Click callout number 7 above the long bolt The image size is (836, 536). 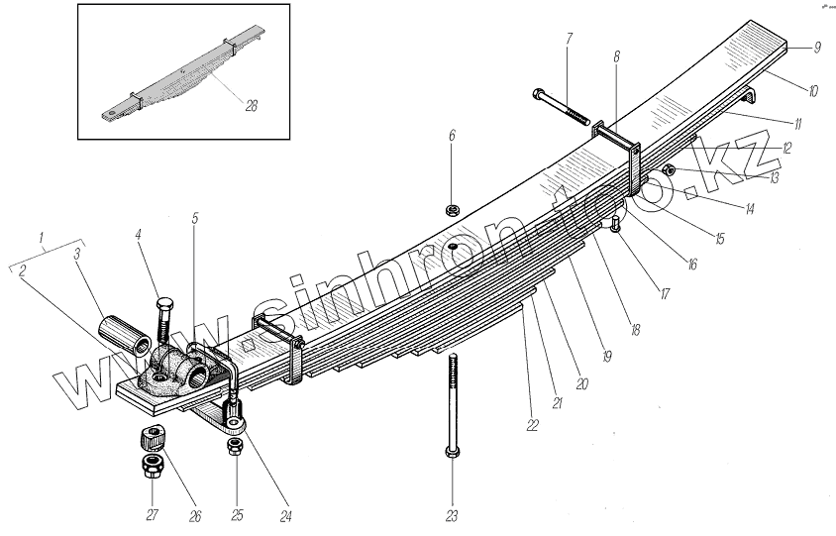tap(569, 39)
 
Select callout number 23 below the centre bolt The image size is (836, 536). tap(453, 515)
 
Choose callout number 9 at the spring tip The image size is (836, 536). tap(817, 47)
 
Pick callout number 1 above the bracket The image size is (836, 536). tap(41, 237)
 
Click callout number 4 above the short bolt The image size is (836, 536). tap(140, 234)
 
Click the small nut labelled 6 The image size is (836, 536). tap(452, 210)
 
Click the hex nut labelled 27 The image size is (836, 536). tap(153, 464)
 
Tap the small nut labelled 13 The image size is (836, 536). tap(668, 170)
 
